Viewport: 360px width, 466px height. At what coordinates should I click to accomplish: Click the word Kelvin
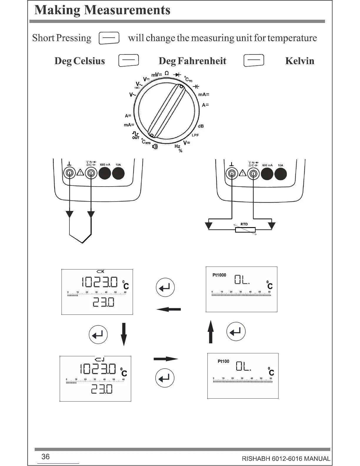pyautogui.click(x=299, y=61)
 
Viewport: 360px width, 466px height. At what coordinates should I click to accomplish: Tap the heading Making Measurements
pyautogui.click(x=102, y=10)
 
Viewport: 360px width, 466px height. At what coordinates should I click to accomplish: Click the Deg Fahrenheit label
pyautogui.click(x=192, y=61)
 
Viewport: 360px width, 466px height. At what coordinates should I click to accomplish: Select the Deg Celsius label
pyautogui.click(x=79, y=61)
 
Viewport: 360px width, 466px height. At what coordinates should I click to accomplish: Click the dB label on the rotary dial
pyautogui.click(x=201, y=126)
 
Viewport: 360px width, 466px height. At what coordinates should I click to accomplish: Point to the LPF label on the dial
pyautogui.click(x=195, y=135)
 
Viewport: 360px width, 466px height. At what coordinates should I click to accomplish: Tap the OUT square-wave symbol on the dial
pyautogui.click(x=136, y=135)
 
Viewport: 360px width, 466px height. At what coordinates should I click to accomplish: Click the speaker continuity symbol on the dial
pyautogui.click(x=155, y=146)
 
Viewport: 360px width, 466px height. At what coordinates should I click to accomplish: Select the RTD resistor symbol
pyautogui.click(x=245, y=230)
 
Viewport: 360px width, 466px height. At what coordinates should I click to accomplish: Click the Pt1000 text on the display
pyautogui.click(x=219, y=275)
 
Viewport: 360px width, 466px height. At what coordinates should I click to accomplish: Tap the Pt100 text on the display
pyautogui.click(x=223, y=361)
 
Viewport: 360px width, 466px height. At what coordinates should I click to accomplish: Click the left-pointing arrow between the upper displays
pyautogui.click(x=169, y=309)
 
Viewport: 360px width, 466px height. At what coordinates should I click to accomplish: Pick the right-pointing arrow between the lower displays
pyautogui.click(x=166, y=359)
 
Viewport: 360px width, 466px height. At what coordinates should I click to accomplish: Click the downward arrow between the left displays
pyautogui.click(x=124, y=334)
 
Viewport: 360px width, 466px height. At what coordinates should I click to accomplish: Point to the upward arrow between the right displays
pyautogui.click(x=211, y=332)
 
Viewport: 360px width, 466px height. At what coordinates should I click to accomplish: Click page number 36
pyautogui.click(x=46, y=457)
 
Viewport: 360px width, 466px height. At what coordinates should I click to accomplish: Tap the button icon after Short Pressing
pyautogui.click(x=109, y=38)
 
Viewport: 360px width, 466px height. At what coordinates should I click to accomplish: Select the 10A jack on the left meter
pyautogui.click(x=118, y=173)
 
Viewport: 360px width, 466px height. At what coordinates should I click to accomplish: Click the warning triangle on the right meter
pyautogui.click(x=243, y=173)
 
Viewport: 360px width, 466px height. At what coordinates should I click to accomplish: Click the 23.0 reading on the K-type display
pyautogui.click(x=103, y=302)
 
